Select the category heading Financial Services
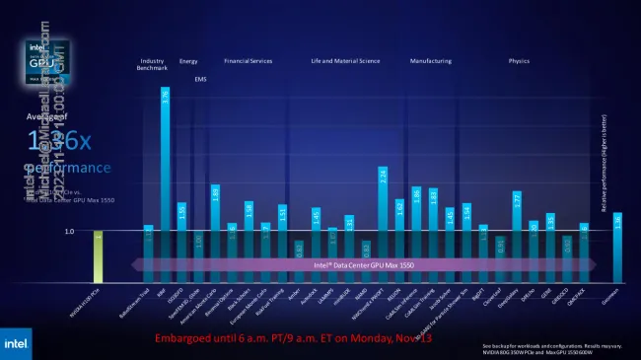point(249,61)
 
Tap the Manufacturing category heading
point(431,61)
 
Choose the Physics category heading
point(519,61)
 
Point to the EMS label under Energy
point(200,79)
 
